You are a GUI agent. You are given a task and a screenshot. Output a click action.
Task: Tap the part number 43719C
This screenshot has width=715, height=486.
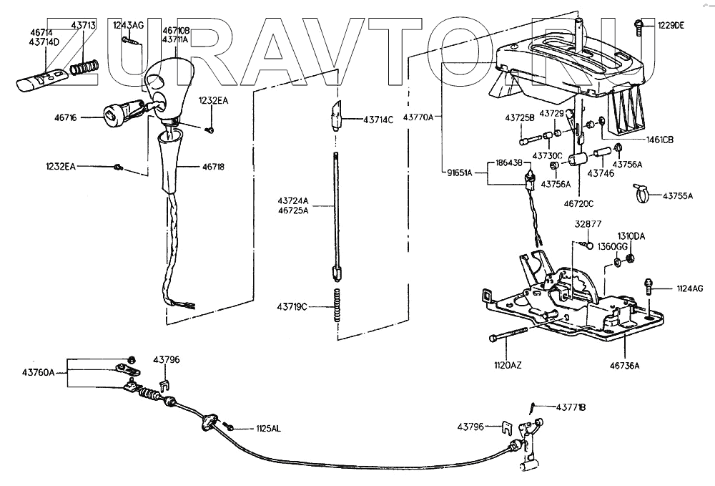pos(292,307)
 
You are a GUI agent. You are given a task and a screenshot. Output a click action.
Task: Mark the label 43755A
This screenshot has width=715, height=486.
pos(677,195)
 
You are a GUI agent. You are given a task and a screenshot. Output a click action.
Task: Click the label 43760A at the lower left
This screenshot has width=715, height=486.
pos(38,371)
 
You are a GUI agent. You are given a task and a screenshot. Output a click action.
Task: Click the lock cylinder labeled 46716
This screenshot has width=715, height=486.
pos(120,115)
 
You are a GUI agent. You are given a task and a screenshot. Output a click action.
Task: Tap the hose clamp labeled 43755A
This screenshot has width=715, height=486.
pos(641,192)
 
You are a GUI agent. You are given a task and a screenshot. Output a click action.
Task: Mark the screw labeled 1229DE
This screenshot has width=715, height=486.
pos(638,26)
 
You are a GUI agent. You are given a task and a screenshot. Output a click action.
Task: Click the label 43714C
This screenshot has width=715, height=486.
pos(378,120)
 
